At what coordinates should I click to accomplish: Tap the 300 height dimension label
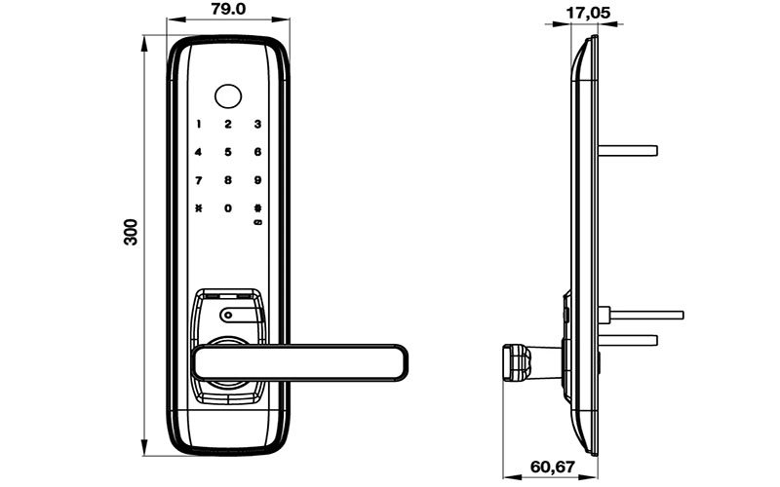pos(132,232)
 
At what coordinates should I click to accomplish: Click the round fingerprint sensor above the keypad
pos(228,95)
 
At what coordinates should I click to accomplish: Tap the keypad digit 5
pos(228,152)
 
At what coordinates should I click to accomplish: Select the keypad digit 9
pos(257,180)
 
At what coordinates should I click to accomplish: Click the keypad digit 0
pos(228,208)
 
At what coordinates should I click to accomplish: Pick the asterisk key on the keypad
pos(199,208)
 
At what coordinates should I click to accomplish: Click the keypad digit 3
pos(257,124)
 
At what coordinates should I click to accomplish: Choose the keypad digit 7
pos(199,180)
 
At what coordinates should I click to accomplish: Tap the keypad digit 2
pos(228,124)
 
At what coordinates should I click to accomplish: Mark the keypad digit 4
pos(199,152)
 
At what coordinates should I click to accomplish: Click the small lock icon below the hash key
pos(257,223)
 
